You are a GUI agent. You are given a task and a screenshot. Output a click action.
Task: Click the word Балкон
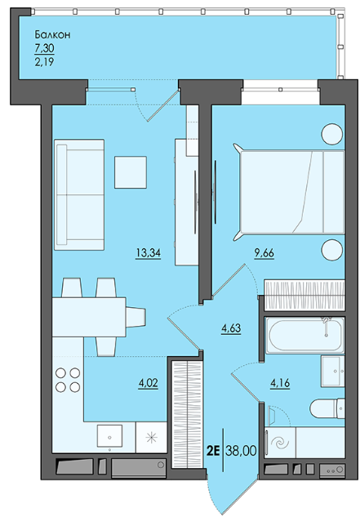click(x=52, y=34)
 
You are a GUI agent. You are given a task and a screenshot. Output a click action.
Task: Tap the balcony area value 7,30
click(x=45, y=48)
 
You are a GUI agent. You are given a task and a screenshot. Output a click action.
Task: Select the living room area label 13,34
click(x=149, y=253)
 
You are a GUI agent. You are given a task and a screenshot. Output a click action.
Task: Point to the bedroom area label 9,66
click(x=264, y=253)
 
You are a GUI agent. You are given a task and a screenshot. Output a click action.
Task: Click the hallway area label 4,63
click(x=231, y=328)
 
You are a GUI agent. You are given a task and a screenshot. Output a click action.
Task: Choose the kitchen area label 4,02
click(x=148, y=383)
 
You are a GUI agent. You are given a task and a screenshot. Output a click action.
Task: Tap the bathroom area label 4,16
click(x=280, y=383)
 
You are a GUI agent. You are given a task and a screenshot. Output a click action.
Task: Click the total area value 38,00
click(x=241, y=450)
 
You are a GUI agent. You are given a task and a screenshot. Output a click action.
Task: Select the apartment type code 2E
click(x=212, y=451)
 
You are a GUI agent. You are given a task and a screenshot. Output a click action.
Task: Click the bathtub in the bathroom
click(x=305, y=335)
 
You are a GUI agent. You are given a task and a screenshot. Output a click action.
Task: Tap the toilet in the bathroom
click(x=327, y=408)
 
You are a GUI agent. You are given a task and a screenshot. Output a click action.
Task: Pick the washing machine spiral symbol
click(x=280, y=443)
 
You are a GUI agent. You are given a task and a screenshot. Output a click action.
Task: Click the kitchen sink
click(x=109, y=436)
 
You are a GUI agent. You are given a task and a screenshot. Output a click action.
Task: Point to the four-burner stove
click(x=68, y=380)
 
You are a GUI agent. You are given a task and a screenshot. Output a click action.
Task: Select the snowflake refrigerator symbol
click(x=152, y=437)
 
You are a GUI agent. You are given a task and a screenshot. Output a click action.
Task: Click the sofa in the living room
click(x=79, y=194)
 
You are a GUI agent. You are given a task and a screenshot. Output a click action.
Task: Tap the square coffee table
click(x=131, y=172)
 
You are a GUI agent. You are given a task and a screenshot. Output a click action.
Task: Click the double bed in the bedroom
click(x=290, y=192)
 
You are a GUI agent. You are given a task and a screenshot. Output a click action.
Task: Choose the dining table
click(x=89, y=317)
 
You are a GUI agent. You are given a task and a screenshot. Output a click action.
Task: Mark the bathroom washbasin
click(x=333, y=371)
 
